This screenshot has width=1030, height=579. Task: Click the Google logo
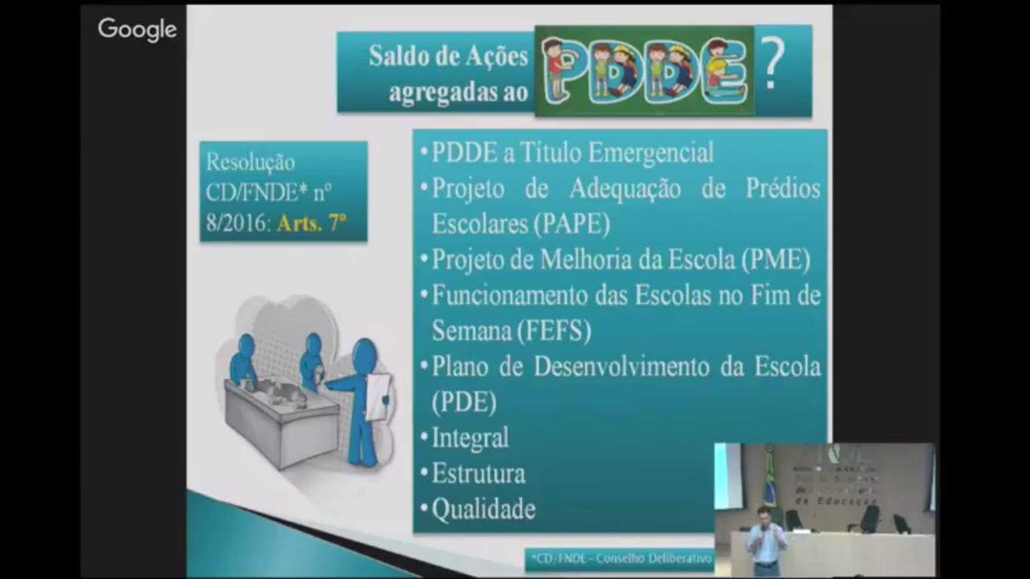tap(137, 29)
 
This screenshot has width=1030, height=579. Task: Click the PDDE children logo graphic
tap(645, 71)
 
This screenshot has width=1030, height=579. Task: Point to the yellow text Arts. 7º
tap(311, 223)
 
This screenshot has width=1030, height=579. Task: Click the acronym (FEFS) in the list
tap(554, 331)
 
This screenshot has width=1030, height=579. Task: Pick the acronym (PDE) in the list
tap(464, 402)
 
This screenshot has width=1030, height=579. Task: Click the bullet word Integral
tap(470, 438)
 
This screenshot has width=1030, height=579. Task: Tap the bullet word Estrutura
tap(478, 474)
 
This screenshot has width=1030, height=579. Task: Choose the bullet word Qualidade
tap(483, 510)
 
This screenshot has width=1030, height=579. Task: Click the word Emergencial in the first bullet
tap(651, 153)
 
